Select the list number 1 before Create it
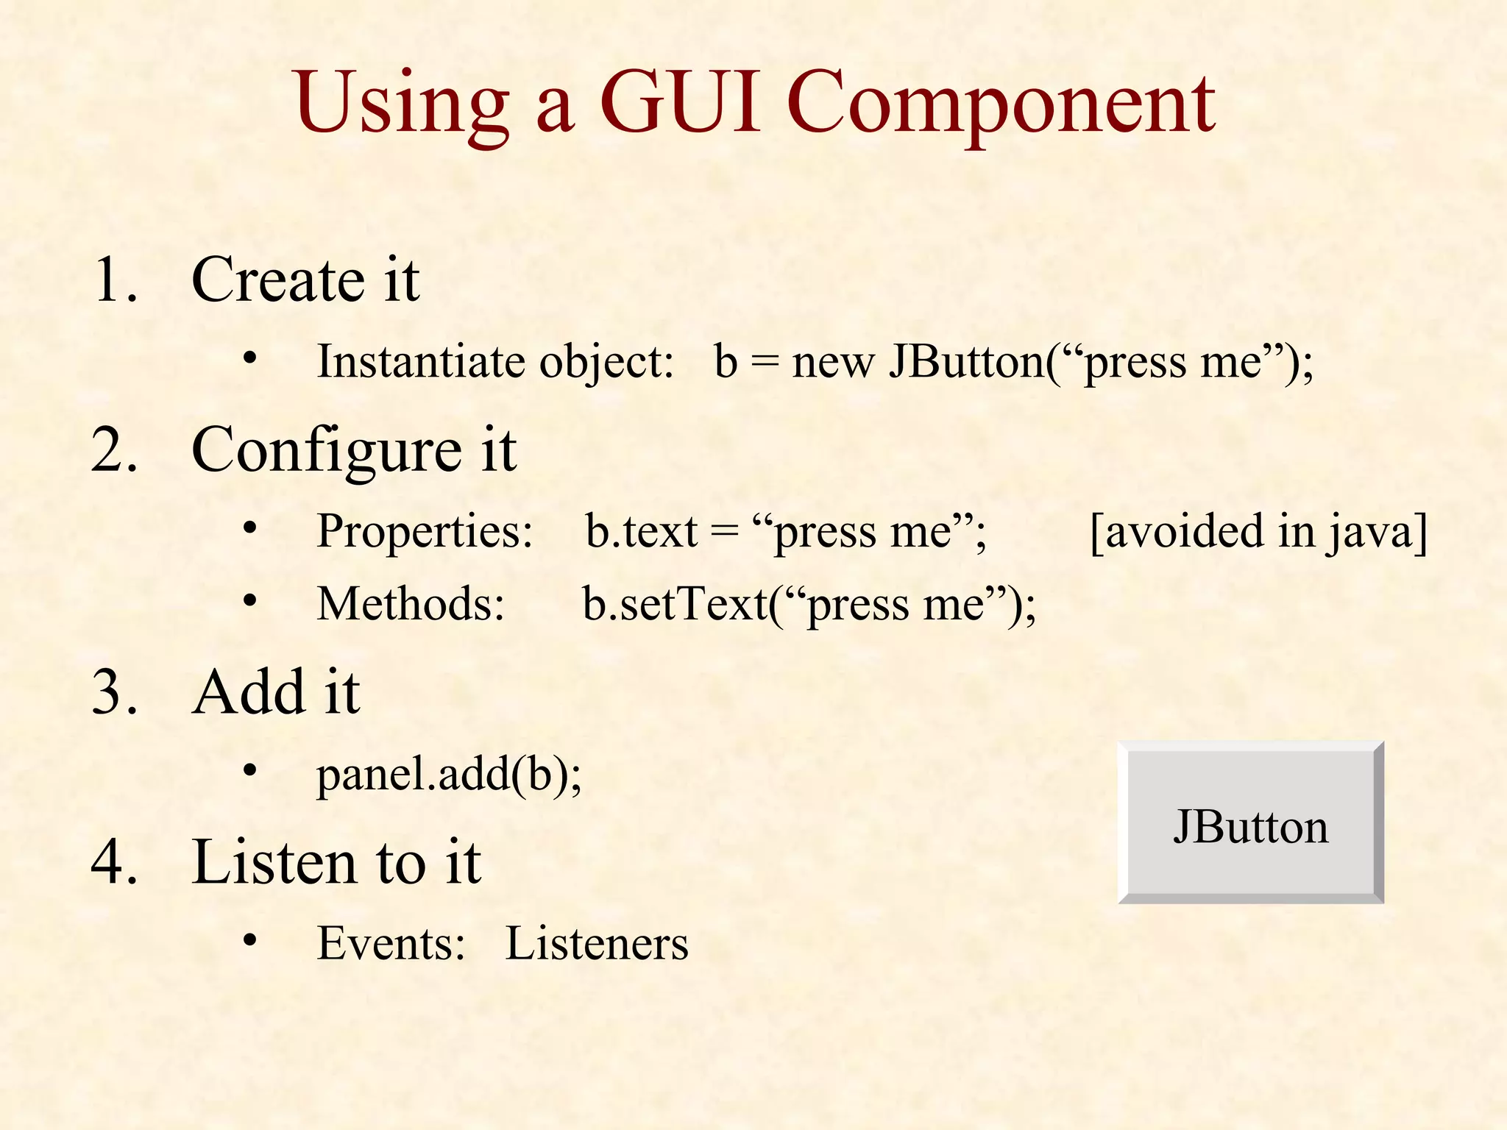pos(115,280)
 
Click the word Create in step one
pos(277,280)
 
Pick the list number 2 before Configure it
pos(115,449)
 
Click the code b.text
pos(641,531)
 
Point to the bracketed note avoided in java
pos(1258,531)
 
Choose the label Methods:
pos(411,604)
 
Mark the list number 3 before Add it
pos(115,692)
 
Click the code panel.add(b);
pos(449,775)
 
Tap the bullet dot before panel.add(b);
pos(250,770)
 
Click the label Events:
pos(391,943)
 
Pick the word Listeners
pos(597,943)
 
